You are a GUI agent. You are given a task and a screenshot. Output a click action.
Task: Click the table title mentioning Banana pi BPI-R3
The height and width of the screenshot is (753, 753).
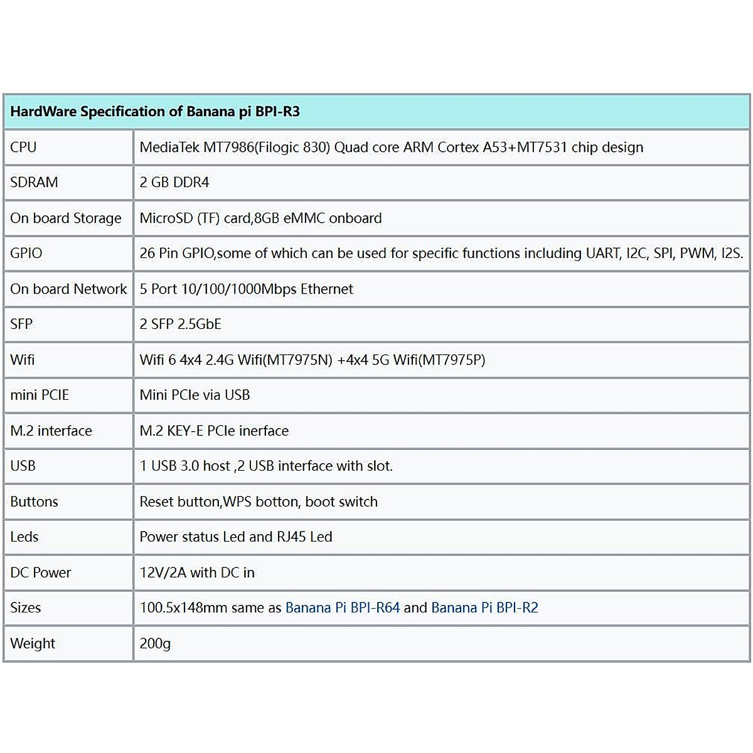click(x=155, y=112)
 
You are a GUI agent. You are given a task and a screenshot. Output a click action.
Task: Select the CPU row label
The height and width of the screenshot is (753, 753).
click(x=23, y=147)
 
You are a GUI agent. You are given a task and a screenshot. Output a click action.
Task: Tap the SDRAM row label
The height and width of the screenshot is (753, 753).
click(x=34, y=183)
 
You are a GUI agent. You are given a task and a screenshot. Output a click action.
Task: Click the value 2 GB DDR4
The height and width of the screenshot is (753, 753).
click(x=174, y=183)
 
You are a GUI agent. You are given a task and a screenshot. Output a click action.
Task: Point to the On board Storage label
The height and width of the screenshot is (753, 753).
click(x=66, y=218)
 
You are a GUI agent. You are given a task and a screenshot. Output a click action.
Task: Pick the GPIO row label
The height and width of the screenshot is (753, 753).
click(x=26, y=254)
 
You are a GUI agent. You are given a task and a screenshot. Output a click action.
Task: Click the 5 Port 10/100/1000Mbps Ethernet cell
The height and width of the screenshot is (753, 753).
click(x=246, y=289)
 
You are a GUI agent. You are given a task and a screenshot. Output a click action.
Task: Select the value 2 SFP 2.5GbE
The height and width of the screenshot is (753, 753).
click(x=180, y=324)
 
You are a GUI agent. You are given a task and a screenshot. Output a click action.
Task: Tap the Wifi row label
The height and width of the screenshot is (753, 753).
click(x=23, y=360)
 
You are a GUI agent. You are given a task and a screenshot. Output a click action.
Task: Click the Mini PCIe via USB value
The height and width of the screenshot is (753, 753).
click(x=195, y=395)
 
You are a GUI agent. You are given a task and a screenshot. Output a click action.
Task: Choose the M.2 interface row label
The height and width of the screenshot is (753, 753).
click(x=51, y=431)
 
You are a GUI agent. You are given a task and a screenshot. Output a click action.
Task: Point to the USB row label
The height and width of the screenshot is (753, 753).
click(x=23, y=466)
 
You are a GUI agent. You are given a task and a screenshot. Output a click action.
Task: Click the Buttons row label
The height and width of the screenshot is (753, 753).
click(x=34, y=502)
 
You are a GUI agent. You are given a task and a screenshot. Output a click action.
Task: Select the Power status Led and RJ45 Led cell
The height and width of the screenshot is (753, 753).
click(x=236, y=537)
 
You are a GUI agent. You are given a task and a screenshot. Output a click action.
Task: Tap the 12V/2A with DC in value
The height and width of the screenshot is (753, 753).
click(x=197, y=573)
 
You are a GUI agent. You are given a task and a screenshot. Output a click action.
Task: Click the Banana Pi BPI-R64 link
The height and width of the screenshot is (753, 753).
click(x=342, y=608)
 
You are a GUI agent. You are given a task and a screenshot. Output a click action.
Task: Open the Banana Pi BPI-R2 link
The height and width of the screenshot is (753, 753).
click(x=484, y=608)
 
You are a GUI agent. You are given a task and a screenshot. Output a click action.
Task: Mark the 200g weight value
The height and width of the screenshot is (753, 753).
click(x=155, y=644)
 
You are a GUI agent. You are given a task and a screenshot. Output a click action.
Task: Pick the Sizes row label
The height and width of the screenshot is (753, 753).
click(x=26, y=608)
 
